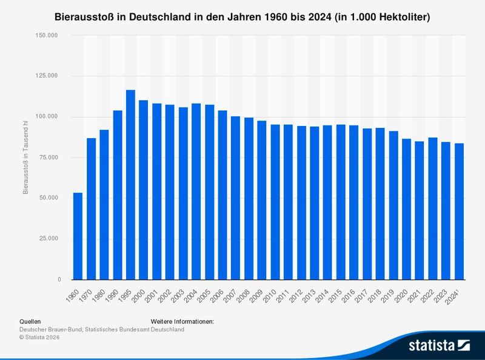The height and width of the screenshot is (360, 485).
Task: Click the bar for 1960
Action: pos(78,236)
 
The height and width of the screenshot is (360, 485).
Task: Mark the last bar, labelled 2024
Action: pos(459,212)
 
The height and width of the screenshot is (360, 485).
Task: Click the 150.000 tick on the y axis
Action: pos(47,35)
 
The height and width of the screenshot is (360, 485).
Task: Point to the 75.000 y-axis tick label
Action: pos(48,158)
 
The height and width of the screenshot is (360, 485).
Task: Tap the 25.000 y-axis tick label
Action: pos(48,239)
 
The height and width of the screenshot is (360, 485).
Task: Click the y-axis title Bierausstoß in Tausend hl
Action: pos(25,158)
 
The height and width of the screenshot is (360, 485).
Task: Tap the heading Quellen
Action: pos(30,321)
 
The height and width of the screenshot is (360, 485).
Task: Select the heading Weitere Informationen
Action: pos(181,321)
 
